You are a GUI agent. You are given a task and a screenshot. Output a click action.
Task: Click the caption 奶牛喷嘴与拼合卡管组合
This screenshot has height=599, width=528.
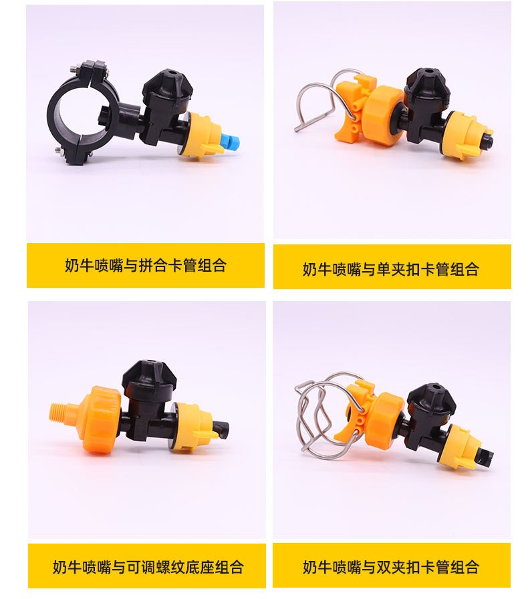[x=146, y=265]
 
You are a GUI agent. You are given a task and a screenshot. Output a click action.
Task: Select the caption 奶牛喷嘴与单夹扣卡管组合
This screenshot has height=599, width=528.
[x=391, y=269]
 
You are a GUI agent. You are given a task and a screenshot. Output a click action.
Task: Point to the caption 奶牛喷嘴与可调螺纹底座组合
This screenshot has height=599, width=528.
[x=148, y=566]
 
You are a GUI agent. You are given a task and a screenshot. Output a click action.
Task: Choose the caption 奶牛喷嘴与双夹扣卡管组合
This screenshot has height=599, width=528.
[x=391, y=566]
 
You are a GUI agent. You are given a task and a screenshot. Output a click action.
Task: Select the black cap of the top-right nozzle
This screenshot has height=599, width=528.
[x=425, y=84]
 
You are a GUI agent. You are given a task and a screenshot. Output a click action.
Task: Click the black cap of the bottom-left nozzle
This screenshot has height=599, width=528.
[x=149, y=375]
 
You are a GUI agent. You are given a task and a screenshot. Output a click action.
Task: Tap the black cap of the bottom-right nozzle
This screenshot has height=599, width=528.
[x=432, y=397]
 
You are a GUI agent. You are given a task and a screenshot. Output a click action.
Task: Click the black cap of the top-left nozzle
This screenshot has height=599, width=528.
[x=168, y=85]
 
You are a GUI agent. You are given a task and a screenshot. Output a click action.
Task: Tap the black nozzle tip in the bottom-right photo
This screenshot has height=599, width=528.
[x=484, y=455]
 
